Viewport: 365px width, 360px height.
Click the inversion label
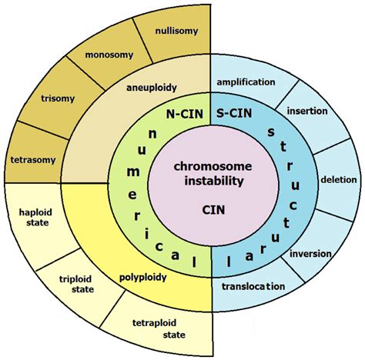311,253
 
